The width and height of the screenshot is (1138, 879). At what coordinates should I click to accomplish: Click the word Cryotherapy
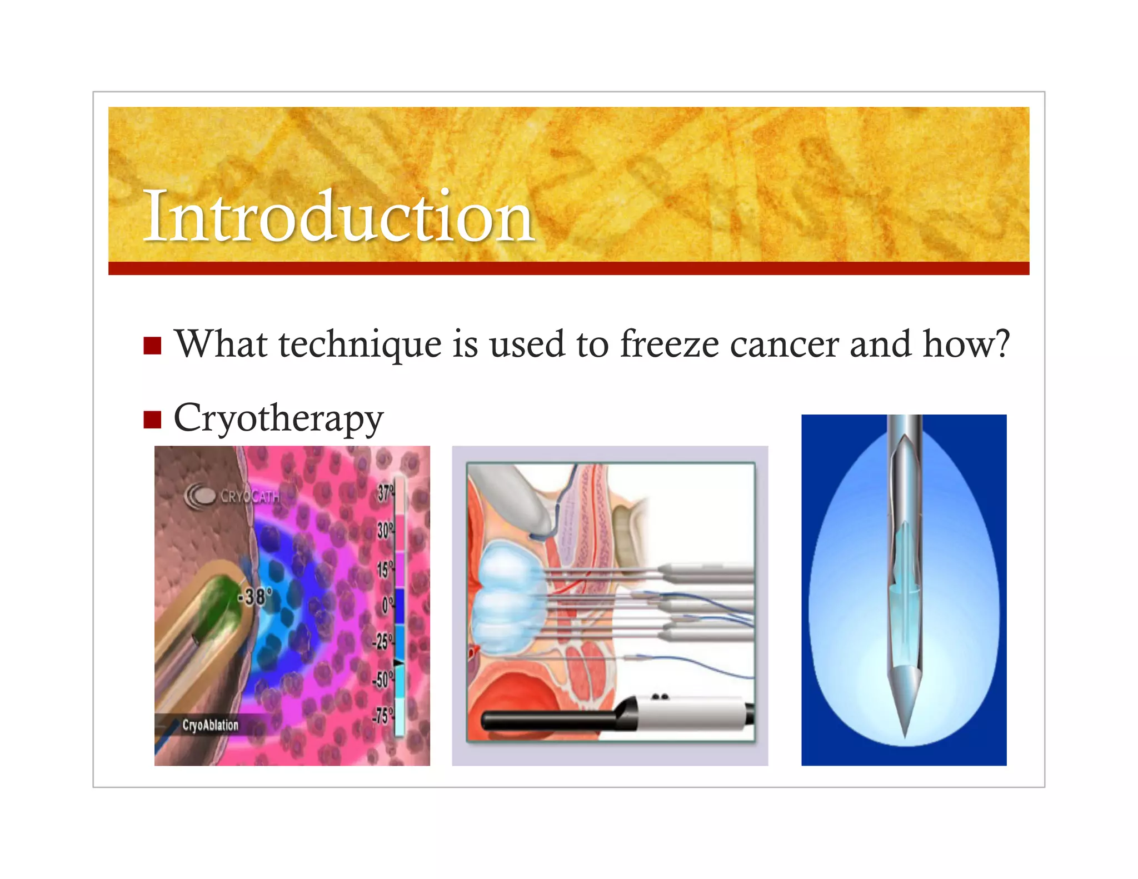coord(278,418)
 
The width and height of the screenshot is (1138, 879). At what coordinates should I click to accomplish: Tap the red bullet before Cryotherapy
coord(152,419)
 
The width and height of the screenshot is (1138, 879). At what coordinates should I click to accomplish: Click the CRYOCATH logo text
coord(250,496)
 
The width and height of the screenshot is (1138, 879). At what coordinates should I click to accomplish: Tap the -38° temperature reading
coord(255,597)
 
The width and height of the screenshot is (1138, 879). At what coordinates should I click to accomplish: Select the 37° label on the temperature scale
coord(385,492)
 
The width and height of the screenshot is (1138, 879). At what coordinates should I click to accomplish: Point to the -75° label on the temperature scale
coord(382,715)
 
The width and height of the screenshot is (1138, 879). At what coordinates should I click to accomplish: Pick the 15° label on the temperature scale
coord(385,569)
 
